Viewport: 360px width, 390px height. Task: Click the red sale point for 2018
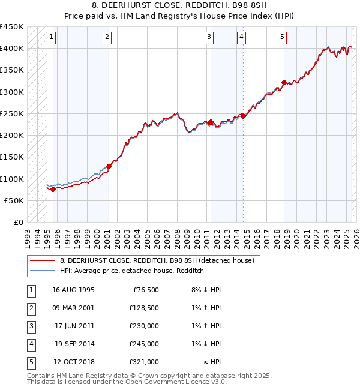coord(284,83)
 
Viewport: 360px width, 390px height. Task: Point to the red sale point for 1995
coord(53,189)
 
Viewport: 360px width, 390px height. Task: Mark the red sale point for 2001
coord(109,166)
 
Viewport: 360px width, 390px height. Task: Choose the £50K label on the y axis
coord(14,200)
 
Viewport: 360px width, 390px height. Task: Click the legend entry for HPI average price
coord(132,271)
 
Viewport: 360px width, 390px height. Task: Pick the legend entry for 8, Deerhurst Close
coord(157,260)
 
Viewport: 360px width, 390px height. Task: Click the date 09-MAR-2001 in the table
coord(73,308)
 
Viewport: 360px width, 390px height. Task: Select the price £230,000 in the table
coord(144,326)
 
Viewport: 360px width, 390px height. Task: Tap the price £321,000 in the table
coord(144,362)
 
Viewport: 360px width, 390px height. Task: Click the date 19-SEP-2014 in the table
coord(73,344)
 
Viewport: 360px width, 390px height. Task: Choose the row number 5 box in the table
coord(30,362)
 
